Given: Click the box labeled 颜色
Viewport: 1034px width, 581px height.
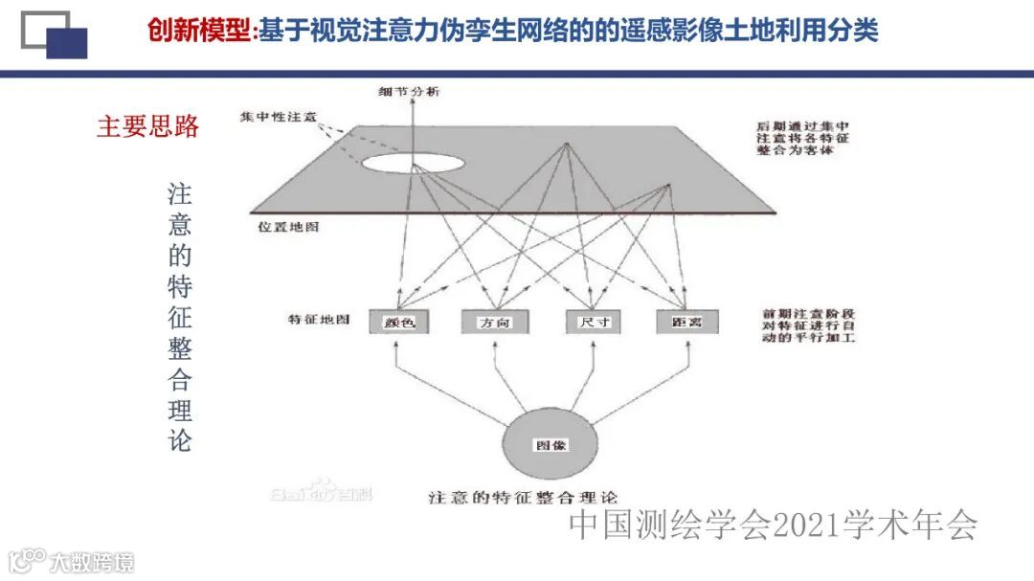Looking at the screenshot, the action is pyautogui.click(x=398, y=323).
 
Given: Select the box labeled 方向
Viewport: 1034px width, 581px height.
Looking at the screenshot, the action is pyautogui.click(x=494, y=323).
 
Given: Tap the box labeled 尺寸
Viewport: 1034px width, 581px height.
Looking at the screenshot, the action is pyautogui.click(x=594, y=323).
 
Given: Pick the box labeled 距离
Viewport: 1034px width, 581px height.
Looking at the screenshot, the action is pyautogui.click(x=687, y=323).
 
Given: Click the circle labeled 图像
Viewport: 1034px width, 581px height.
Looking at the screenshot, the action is pyautogui.click(x=550, y=446).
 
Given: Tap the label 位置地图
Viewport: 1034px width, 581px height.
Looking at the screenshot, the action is pyautogui.click(x=287, y=228).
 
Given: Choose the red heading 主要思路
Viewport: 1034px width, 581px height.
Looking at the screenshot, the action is pyautogui.click(x=147, y=126).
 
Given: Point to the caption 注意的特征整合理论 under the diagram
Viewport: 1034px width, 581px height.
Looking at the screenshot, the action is pyautogui.click(x=524, y=498).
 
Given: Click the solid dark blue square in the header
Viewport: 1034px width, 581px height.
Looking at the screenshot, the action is pyautogui.click(x=67, y=43).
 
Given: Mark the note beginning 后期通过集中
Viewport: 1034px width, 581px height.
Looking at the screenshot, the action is pyautogui.click(x=801, y=139).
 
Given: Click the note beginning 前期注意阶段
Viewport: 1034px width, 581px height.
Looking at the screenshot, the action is pyautogui.click(x=810, y=326).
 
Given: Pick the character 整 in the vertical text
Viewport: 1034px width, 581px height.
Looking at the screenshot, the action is pyautogui.click(x=180, y=348).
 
